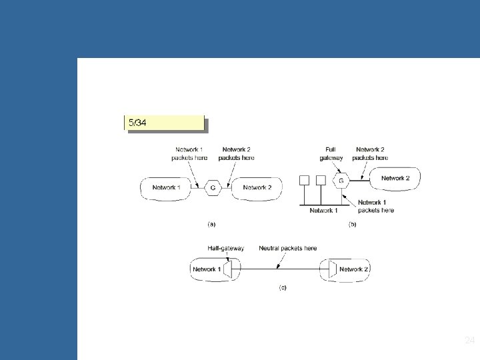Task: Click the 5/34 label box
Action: coord(164,123)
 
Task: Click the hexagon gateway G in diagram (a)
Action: coord(213,188)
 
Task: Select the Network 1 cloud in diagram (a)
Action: coord(165,188)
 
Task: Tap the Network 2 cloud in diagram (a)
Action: coord(257,188)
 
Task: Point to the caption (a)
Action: coord(212,225)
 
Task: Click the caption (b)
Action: coord(352,225)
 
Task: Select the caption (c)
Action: coord(282,287)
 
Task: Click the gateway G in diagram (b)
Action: coord(341,180)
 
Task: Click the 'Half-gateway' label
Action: coord(226,249)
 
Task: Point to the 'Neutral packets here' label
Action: coord(288,249)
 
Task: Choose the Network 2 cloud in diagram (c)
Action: coord(351,269)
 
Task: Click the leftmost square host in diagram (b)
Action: coord(305,180)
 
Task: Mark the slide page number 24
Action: coord(469,341)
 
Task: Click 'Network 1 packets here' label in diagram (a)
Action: coord(191,154)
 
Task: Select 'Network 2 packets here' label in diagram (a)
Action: coord(237,154)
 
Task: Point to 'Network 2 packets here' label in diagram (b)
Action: coord(371,154)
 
